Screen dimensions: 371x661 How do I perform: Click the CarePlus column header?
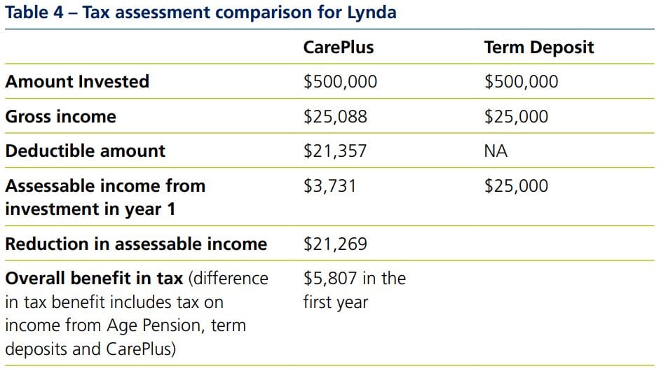(x=338, y=48)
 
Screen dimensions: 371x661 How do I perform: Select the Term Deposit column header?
(x=538, y=48)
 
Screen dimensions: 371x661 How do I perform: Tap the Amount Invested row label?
(x=77, y=82)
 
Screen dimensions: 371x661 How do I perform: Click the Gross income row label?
(x=60, y=117)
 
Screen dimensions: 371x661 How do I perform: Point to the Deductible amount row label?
(x=85, y=151)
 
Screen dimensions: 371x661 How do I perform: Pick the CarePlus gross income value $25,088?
(x=335, y=117)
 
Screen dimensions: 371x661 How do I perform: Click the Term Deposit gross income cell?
(x=516, y=117)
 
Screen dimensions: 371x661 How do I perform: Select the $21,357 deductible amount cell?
(x=335, y=151)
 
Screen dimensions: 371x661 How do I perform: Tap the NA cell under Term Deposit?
(x=496, y=151)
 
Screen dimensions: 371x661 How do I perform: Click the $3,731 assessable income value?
(x=329, y=186)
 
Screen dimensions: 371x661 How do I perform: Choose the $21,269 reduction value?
(x=335, y=244)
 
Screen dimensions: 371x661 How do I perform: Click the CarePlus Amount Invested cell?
(x=340, y=82)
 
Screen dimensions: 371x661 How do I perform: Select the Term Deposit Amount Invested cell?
(x=521, y=82)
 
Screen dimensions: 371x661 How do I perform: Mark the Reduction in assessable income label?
(x=136, y=244)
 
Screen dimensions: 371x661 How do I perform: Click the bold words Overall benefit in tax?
(x=94, y=279)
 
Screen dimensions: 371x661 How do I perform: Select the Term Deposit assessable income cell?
(x=516, y=186)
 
